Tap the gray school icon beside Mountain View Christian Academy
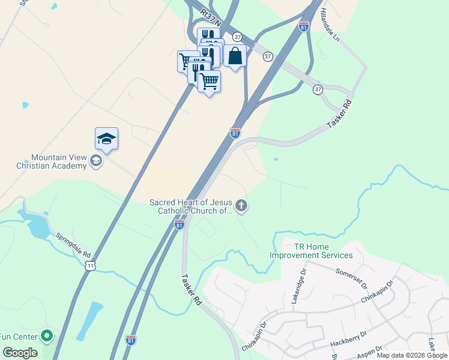95,160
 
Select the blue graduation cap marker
106,139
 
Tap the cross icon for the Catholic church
241,206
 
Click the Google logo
20,353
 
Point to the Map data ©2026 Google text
412,355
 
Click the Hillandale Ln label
330,24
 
